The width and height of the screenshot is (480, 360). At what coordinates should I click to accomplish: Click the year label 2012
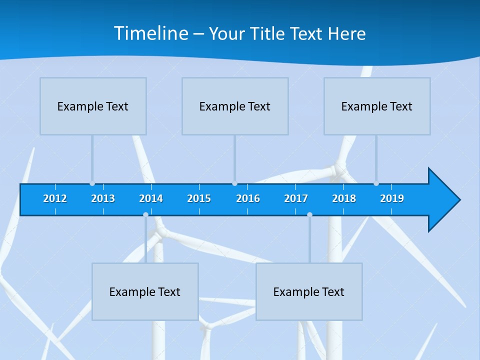55,198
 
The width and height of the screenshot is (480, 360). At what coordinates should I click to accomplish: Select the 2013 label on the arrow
103,198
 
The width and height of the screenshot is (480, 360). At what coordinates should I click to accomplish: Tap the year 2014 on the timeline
151,198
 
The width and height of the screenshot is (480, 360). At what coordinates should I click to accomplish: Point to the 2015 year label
199,198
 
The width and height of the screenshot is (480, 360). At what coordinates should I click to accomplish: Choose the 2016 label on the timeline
248,198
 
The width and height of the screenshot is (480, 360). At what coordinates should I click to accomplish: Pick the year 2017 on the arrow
296,198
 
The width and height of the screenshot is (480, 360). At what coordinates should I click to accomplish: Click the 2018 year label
344,198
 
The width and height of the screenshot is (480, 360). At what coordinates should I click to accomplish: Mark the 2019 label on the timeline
392,198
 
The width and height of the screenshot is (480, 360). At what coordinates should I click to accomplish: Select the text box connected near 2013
93,106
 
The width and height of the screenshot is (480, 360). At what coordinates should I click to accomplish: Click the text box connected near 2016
235,106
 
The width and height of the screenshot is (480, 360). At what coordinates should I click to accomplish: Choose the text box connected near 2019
377,106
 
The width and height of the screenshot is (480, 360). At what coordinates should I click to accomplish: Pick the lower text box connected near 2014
145,291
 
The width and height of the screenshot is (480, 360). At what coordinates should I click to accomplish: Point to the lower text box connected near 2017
309,291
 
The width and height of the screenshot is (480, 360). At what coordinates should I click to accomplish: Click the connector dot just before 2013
92,183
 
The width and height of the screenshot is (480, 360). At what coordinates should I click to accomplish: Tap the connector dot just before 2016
234,183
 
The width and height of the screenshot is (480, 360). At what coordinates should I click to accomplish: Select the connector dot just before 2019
376,183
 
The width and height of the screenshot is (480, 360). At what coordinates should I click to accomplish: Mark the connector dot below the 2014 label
145,214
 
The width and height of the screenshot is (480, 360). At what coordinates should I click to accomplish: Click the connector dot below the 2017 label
309,214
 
